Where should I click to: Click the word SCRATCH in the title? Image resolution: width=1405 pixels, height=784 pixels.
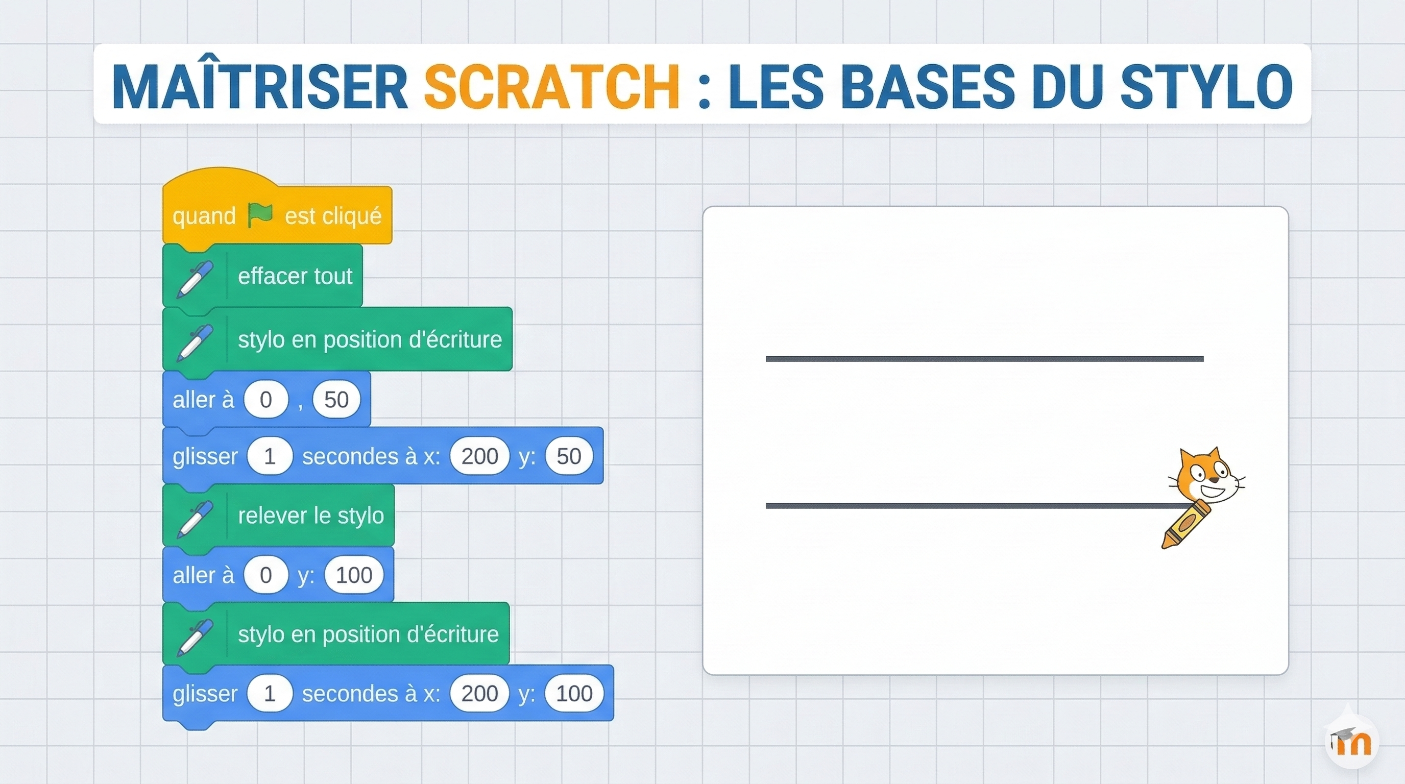551,86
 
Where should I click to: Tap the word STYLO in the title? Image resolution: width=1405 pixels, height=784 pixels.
1206,86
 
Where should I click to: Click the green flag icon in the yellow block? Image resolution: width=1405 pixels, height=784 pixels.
260,215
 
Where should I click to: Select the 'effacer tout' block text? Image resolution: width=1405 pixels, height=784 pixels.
295,276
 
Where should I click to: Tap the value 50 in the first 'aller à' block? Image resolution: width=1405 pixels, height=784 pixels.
336,400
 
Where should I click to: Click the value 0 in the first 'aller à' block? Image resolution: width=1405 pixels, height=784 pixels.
265,400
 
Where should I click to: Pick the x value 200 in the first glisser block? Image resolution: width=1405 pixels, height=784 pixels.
480,456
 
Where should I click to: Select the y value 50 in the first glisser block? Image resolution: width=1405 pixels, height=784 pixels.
569,456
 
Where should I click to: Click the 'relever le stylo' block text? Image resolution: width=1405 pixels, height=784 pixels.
311,515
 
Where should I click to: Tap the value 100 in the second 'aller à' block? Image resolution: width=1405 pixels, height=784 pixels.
354,575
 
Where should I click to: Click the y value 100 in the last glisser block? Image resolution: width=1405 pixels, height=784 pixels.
574,693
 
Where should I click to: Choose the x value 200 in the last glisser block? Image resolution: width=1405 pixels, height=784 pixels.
480,693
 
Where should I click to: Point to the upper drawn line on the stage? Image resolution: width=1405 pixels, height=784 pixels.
984,359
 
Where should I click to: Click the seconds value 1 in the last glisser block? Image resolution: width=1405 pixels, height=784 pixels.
270,693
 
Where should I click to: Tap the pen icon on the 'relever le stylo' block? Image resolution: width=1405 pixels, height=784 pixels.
195,519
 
